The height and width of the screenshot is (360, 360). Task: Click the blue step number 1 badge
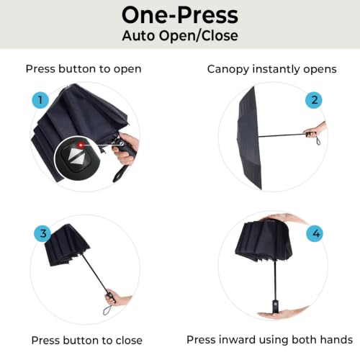(x=40, y=100)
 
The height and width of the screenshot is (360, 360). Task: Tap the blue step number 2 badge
(x=314, y=100)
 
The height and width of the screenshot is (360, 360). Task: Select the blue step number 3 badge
(x=43, y=233)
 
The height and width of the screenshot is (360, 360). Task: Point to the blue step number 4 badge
(x=315, y=233)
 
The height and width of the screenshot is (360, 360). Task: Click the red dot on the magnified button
(x=81, y=145)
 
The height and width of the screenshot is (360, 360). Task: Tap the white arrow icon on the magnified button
(x=76, y=158)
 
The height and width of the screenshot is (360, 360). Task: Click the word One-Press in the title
(x=180, y=15)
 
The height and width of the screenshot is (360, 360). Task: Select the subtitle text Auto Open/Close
(x=180, y=36)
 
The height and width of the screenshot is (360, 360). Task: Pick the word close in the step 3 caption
(x=129, y=341)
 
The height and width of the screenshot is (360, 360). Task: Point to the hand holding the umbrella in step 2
(x=315, y=130)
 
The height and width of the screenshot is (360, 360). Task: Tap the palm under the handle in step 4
(x=282, y=313)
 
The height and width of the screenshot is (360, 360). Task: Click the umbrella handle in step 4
(x=276, y=306)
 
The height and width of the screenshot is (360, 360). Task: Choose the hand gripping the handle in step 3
(x=117, y=297)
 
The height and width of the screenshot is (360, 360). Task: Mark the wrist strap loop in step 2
(x=318, y=140)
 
